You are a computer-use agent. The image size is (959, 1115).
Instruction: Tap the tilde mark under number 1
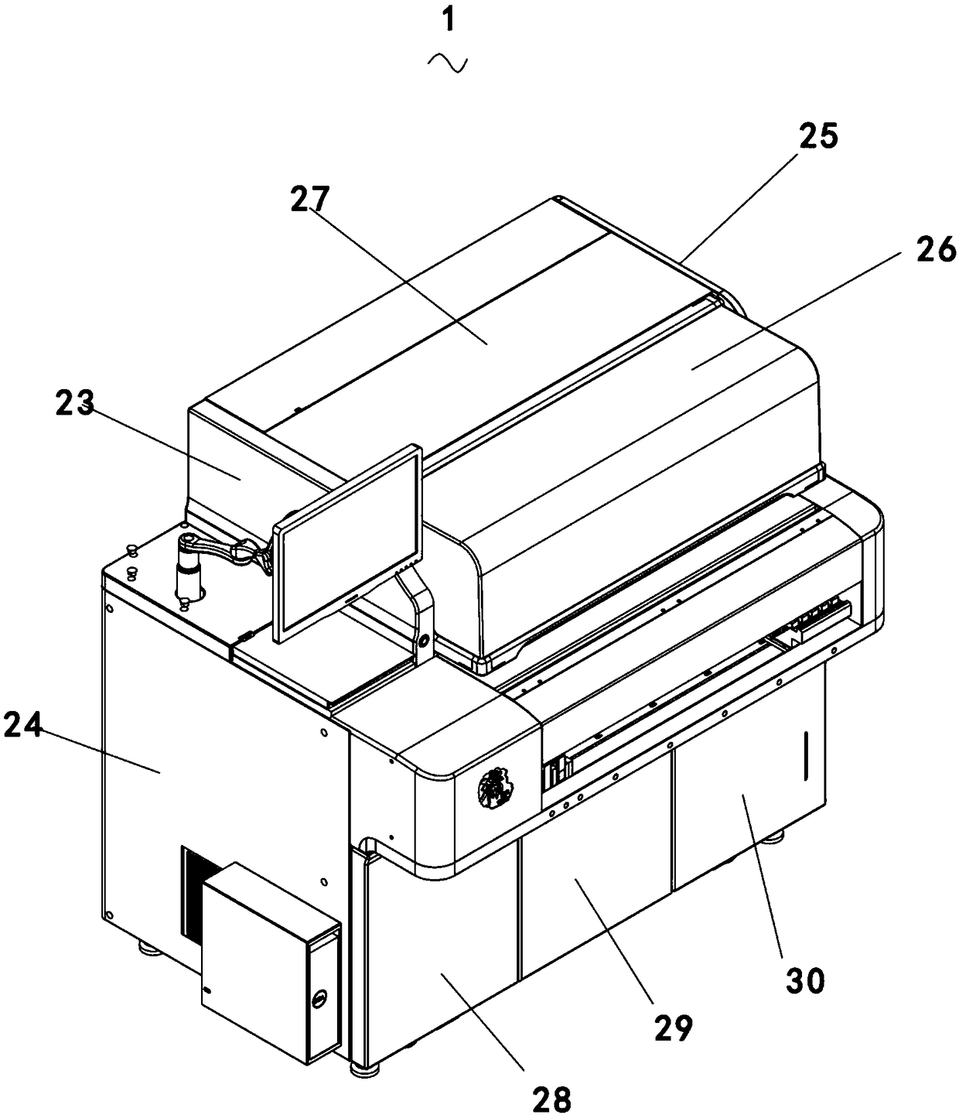(448, 63)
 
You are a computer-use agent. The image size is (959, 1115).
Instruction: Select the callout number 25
(817, 137)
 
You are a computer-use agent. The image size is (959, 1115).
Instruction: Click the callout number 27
(310, 200)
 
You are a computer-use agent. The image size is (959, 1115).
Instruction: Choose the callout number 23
(74, 403)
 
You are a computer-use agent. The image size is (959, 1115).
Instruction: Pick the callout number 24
(22, 727)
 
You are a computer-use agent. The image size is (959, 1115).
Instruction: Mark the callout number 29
(672, 1028)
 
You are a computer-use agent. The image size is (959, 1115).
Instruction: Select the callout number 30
(805, 980)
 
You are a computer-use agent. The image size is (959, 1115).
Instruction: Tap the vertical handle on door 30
(804, 754)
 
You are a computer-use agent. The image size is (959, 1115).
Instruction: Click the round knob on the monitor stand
(423, 639)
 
